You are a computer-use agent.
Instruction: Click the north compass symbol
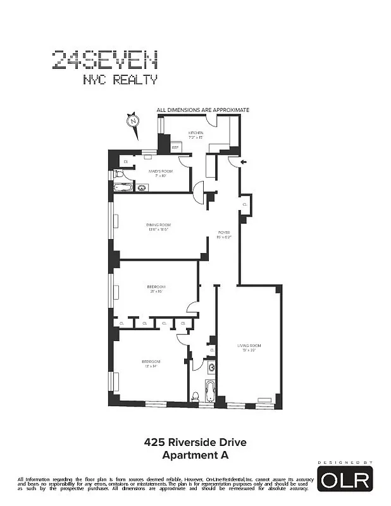pos(133,120)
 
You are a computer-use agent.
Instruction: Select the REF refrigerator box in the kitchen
pos(175,147)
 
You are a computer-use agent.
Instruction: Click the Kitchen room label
pos(195,134)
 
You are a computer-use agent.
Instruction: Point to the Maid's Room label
pos(158,173)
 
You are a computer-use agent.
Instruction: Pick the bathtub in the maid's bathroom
pos(123,187)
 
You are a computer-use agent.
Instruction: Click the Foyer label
pos(224,234)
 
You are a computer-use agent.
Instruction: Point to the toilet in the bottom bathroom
pos(195,397)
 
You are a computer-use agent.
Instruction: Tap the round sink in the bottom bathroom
pos(211,367)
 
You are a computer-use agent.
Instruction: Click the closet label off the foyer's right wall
pos(245,205)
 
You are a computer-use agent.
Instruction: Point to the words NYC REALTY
pos(120,80)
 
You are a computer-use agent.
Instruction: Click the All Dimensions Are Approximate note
pos(203,110)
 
